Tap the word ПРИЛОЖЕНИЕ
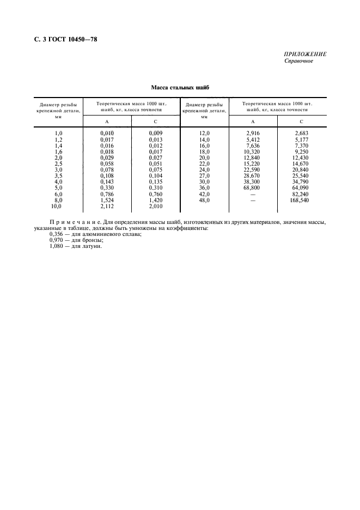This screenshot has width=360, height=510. point(305,54)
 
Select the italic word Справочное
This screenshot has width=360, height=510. point(299,60)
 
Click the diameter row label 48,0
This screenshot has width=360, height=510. point(204,200)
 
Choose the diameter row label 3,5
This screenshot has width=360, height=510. point(58,175)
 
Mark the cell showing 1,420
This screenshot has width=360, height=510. point(156,200)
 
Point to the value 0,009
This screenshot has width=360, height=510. point(156,133)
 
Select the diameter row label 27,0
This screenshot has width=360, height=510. point(204,175)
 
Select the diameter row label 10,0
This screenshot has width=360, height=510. point(57,206)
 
